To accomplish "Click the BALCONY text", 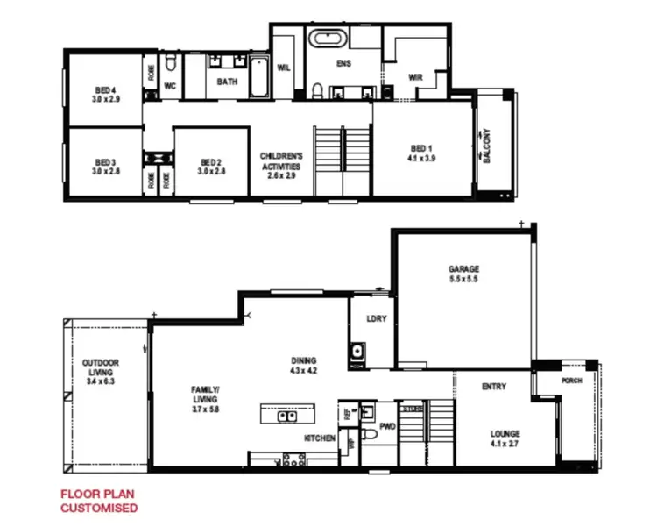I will pyautogui.click(x=487, y=146).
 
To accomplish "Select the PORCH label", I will pyautogui.click(x=571, y=381).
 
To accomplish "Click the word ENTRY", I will pyautogui.click(x=495, y=386).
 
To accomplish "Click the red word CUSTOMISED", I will pyautogui.click(x=98, y=508).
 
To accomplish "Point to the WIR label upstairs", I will pyautogui.click(x=415, y=76).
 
